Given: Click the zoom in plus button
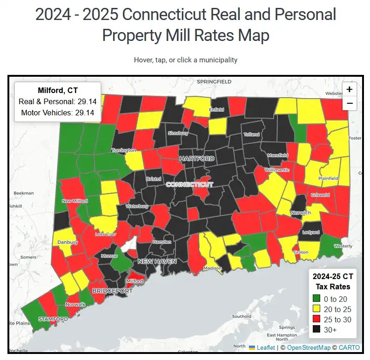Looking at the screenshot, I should click(349, 89).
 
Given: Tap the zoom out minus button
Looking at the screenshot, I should click(349, 103).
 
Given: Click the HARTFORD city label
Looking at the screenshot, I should click(197, 159).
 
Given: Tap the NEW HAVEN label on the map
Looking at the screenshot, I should click(157, 261).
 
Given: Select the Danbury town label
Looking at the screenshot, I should click(68, 242).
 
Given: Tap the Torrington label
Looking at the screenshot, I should click(124, 150).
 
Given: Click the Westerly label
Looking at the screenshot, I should click(343, 246).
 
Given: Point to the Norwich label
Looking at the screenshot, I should click(301, 213).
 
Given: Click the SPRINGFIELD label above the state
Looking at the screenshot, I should click(214, 81).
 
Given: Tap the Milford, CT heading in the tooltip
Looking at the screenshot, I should click(58, 90).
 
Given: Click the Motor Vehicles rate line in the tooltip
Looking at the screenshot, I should click(58, 113).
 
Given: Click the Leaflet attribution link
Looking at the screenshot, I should click(266, 347).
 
